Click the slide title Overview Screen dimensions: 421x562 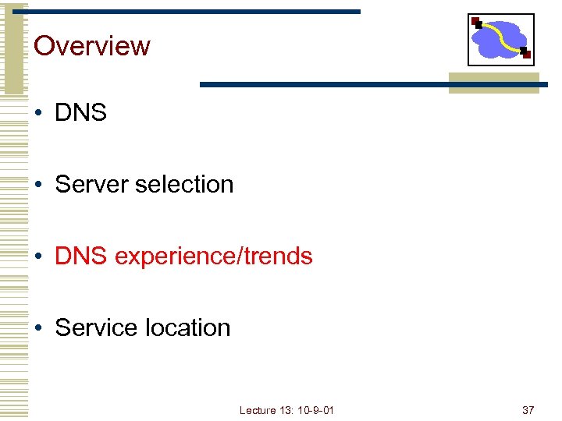92,45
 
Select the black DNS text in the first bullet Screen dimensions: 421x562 80,112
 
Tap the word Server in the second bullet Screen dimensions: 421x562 92,184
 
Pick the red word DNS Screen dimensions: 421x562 80,256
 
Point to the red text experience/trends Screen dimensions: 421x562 213,256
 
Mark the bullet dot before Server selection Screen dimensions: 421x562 39,185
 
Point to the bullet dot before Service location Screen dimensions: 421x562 39,328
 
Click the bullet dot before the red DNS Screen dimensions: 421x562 39,256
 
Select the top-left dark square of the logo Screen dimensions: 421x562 476,21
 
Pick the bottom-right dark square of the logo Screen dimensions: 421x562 525,54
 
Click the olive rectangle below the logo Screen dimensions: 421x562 493,87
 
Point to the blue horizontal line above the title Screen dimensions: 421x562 187,12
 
